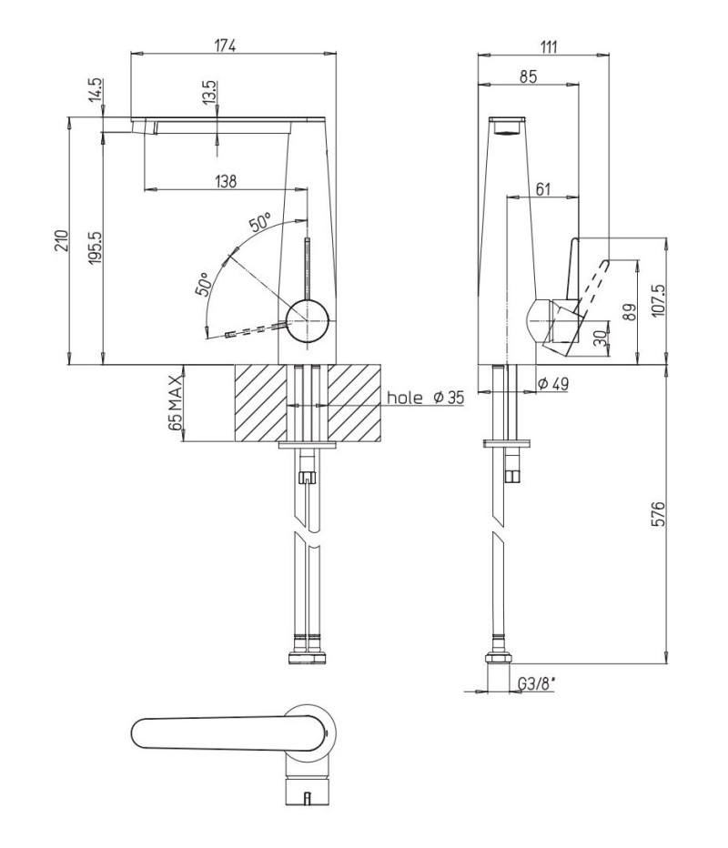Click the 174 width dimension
pos(225,46)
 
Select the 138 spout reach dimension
pos(226,181)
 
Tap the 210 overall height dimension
pos(62,240)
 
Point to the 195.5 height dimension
pos(96,247)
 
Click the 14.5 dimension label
pos(96,90)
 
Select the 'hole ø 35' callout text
pos(426,398)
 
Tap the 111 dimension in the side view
pos(548,46)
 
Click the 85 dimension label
pos(528,76)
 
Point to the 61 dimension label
pos(542,188)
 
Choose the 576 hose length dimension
pos(658,514)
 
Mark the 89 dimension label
pos(630,312)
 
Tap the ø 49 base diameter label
pos(553,384)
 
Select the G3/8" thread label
pos(537,684)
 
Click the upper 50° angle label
pos(260,222)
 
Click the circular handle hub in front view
pos(308,321)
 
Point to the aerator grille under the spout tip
pos(506,131)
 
